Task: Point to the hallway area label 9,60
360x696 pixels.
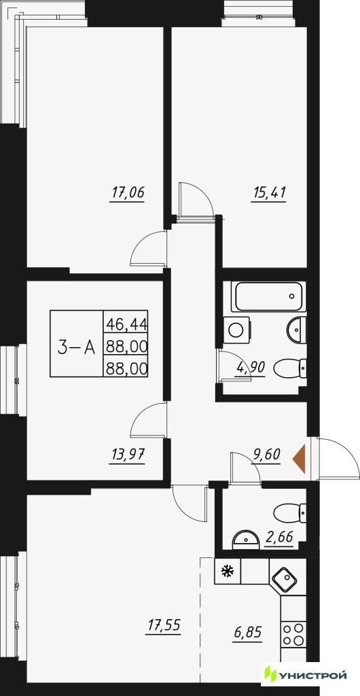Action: point(266,456)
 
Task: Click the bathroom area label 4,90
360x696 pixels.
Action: point(251,367)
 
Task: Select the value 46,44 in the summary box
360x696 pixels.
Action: point(126,321)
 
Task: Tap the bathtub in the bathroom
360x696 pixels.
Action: point(270,296)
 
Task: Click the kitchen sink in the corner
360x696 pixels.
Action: point(286,578)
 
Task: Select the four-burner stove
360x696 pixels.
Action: point(293,634)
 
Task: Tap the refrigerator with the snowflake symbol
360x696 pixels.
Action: point(228,572)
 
